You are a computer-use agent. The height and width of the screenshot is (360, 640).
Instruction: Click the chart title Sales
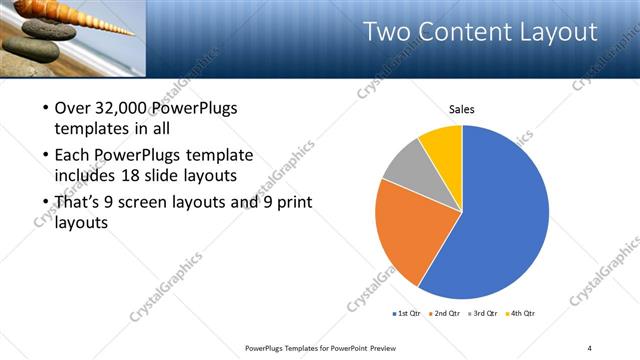pyautogui.click(x=461, y=110)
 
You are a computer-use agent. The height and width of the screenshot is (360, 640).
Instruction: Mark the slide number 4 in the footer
pyautogui.click(x=590, y=347)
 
